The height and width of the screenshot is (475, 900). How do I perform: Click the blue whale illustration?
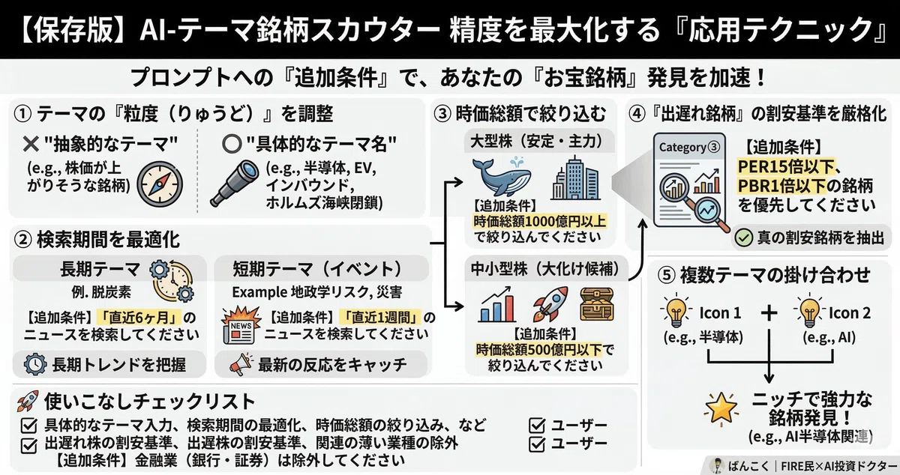tap(502, 177)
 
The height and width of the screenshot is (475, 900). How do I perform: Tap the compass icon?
tap(160, 184)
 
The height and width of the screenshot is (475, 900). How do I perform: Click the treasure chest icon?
tap(597, 304)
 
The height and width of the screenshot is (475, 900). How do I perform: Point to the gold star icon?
tap(721, 409)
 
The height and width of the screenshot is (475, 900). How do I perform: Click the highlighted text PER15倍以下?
tap(786, 166)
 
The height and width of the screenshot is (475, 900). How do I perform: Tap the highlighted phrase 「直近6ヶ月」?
tap(139, 318)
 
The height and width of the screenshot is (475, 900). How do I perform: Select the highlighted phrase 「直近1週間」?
tap(379, 318)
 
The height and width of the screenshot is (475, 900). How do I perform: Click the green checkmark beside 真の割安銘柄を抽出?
tap(744, 237)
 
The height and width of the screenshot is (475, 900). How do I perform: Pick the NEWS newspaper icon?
tap(239, 325)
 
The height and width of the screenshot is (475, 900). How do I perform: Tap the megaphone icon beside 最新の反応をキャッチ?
tap(241, 364)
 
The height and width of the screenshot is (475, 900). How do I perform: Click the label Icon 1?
tap(720, 313)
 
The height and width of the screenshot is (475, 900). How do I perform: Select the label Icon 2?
tap(850, 313)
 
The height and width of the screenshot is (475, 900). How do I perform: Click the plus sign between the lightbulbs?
tap(769, 312)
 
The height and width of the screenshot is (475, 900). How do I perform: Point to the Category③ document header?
tap(689, 148)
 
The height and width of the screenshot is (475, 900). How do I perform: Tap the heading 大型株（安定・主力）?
tap(538, 141)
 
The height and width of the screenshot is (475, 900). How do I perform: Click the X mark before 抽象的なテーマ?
tap(31, 144)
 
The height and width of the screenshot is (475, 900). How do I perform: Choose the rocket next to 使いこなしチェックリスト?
tap(28, 401)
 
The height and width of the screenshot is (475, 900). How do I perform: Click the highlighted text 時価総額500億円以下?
tap(539, 350)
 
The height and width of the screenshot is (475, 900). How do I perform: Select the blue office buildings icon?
tap(575, 178)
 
